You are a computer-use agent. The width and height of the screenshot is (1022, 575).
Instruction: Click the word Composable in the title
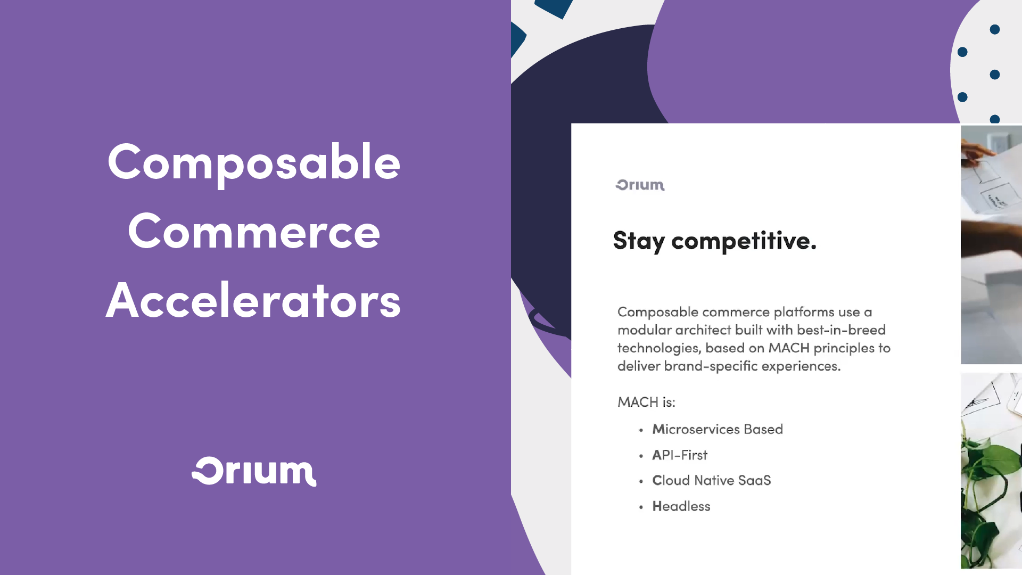(254, 163)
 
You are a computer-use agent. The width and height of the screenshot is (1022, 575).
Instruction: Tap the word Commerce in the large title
(254, 232)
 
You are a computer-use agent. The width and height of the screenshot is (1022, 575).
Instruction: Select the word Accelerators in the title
(253, 301)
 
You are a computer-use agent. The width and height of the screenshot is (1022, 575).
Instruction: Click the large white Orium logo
(254, 472)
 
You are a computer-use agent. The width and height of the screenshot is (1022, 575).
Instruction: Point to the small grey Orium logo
(640, 185)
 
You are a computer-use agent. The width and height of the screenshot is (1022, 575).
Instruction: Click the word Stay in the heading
(638, 241)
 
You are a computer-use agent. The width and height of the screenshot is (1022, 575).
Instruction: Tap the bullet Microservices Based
(717, 429)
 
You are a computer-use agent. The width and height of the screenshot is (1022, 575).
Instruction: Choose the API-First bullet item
(680, 455)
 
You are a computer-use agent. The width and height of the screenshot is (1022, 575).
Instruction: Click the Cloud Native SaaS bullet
(711, 480)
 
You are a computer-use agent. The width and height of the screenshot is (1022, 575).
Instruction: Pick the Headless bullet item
(681, 506)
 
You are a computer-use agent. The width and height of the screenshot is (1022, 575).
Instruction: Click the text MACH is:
(646, 402)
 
